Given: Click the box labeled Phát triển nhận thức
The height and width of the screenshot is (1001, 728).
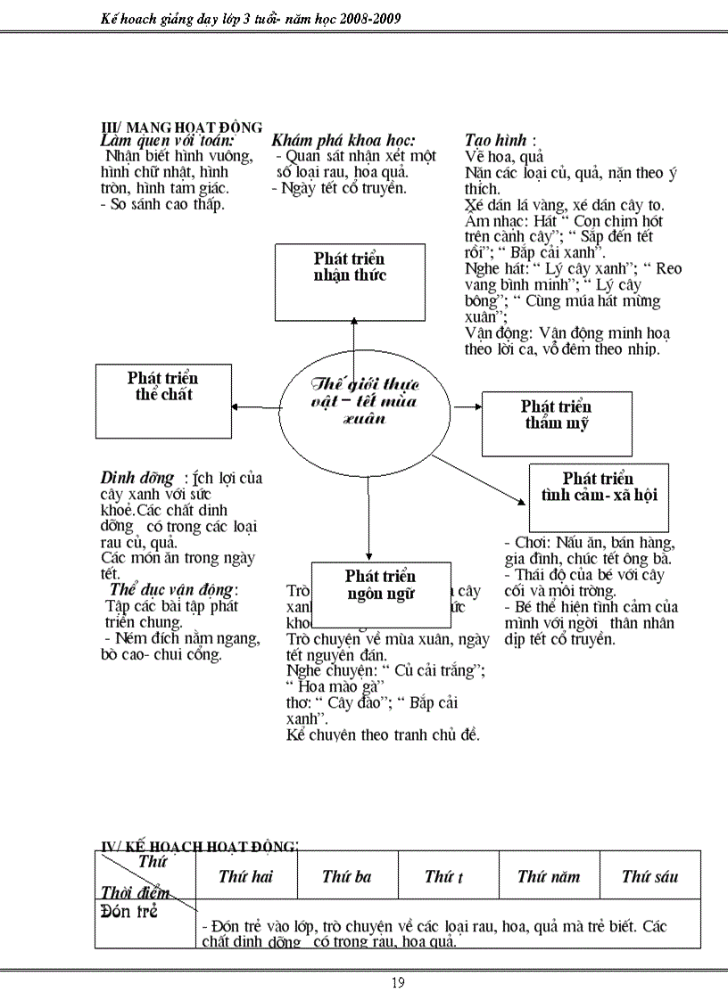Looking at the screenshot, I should [350, 282].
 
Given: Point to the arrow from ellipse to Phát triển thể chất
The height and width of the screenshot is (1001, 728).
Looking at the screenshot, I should [255, 407].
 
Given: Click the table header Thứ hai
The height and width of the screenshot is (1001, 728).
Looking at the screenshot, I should [245, 876].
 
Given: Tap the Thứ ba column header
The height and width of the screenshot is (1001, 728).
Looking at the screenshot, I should [346, 876].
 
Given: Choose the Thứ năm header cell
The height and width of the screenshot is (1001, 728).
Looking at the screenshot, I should [548, 876].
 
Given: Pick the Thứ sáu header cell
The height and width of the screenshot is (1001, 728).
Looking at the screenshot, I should [649, 876].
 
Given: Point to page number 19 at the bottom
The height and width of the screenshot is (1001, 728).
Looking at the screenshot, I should [398, 983].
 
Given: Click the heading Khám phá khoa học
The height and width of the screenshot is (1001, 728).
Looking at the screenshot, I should [343, 140].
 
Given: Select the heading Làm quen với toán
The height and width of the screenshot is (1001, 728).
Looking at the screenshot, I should [168, 140].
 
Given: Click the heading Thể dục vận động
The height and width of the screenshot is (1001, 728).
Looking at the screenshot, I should [173, 589].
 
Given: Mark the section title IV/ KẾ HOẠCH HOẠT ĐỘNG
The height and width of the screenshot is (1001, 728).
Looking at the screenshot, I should [198, 845].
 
